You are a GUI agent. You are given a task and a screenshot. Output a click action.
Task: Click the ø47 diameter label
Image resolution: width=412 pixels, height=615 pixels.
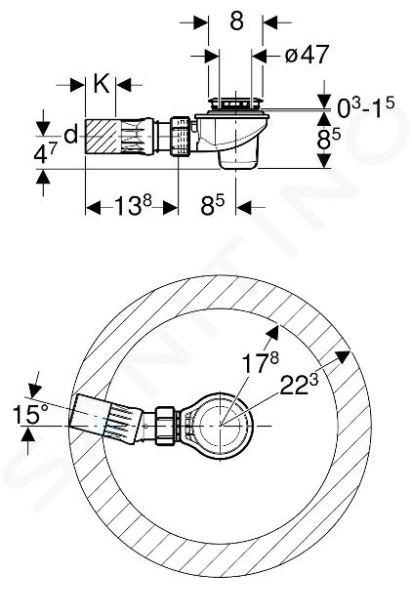pyautogui.click(x=307, y=55)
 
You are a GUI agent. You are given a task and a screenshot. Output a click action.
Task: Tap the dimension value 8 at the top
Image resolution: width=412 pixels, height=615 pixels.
pyautogui.click(x=236, y=20)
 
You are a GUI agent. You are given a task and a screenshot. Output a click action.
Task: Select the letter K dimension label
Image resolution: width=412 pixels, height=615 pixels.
pyautogui.click(x=102, y=83)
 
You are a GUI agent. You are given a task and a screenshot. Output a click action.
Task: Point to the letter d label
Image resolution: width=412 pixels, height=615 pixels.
pyautogui.click(x=71, y=136)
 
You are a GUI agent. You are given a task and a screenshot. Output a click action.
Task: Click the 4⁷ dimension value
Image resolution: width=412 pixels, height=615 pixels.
pyautogui.click(x=46, y=152)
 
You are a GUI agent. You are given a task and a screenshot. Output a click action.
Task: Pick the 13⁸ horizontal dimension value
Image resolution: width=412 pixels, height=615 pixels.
pyautogui.click(x=133, y=206)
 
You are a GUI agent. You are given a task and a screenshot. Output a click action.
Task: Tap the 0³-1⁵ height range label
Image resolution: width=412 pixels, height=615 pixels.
pyautogui.click(x=366, y=108)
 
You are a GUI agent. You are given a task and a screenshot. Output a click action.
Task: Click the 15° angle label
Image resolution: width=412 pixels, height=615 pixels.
pyautogui.click(x=30, y=414)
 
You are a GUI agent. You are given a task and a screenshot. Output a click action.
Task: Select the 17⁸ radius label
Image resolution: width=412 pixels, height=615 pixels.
pyautogui.click(x=260, y=362)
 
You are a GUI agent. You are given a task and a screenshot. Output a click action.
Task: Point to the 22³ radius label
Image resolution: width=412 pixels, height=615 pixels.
pyautogui.click(x=299, y=386)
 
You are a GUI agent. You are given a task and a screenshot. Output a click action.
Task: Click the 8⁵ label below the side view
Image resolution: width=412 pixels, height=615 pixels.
pyautogui.click(x=212, y=206)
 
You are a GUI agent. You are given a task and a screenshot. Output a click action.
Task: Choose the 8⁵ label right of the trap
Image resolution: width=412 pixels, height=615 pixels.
pyautogui.click(x=329, y=139)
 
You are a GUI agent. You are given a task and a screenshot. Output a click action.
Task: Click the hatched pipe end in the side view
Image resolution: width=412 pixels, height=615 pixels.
pyautogui.click(x=101, y=136)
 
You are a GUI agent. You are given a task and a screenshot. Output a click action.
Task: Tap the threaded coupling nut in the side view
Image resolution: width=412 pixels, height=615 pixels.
pyautogui.click(x=180, y=136)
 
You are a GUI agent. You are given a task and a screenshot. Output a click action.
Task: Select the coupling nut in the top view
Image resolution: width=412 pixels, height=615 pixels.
pyautogui.click(x=168, y=426)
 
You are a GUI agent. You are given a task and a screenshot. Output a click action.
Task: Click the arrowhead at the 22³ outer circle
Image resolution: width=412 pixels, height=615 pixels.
pyautogui.click(x=343, y=356)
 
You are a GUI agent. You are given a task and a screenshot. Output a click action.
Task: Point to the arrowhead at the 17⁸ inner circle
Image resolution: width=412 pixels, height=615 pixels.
pyautogui.click(x=272, y=333)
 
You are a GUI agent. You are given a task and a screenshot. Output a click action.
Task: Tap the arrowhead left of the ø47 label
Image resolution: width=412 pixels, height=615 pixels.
pyautogui.click(x=212, y=56)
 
